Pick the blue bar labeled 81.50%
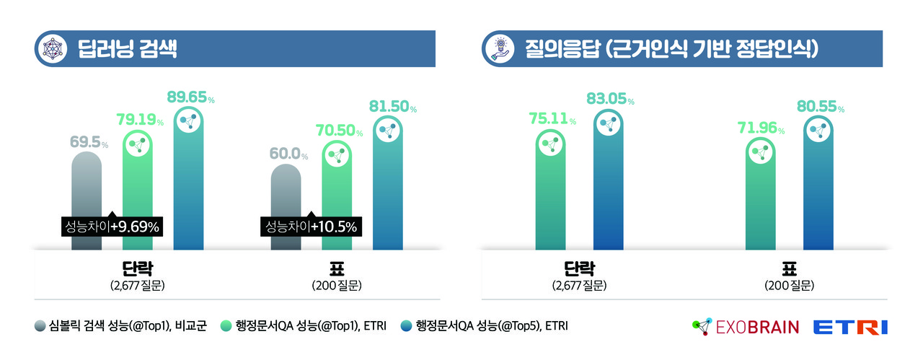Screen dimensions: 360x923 pyautogui.click(x=389, y=188)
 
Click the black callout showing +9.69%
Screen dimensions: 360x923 pyautogui.click(x=111, y=227)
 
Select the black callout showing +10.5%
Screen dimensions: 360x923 pyautogui.click(x=310, y=227)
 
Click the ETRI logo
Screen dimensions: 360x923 pyautogui.click(x=850, y=327)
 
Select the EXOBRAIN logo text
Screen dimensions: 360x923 pyautogui.click(x=757, y=327)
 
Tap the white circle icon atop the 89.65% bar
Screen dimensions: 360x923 pyautogui.click(x=190, y=122)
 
